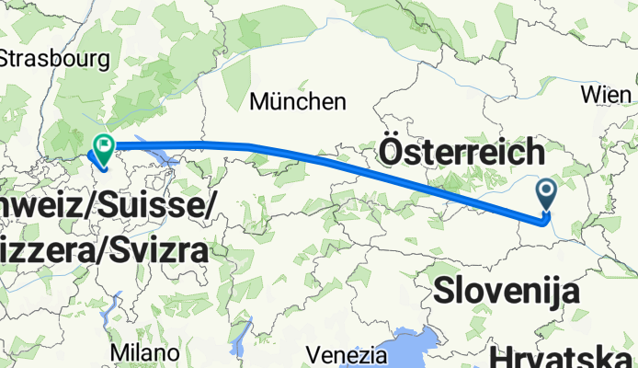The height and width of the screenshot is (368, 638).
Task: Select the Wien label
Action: point(607,95)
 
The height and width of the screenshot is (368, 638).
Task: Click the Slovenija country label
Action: point(507,292)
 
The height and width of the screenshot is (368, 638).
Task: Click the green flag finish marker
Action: point(103,145)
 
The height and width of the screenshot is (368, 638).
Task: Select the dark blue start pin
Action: point(546,192)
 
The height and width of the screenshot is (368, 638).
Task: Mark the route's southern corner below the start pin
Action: point(543,219)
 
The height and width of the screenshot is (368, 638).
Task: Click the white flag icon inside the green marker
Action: point(104,144)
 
